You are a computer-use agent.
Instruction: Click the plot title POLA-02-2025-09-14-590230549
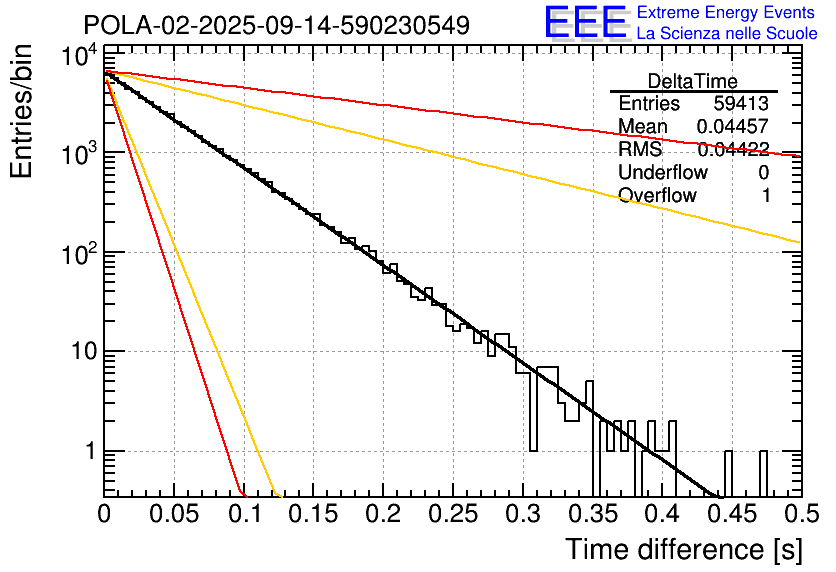click(276, 25)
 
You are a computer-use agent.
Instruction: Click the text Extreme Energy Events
click(725, 13)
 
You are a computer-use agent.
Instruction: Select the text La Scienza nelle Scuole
click(727, 34)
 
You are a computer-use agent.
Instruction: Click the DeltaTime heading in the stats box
click(693, 81)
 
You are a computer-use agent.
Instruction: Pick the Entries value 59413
click(741, 104)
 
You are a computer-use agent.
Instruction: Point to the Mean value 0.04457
click(732, 127)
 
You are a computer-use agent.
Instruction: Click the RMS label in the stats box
click(639, 150)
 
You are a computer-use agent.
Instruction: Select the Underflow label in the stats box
click(663, 173)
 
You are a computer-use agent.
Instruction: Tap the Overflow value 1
click(766, 196)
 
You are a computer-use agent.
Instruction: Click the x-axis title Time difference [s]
click(684, 549)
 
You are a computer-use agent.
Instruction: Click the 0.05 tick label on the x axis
click(174, 514)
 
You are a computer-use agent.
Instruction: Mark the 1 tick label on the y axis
click(88, 452)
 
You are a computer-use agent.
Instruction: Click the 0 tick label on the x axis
click(104, 514)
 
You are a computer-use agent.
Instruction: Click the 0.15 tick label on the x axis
click(313, 514)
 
